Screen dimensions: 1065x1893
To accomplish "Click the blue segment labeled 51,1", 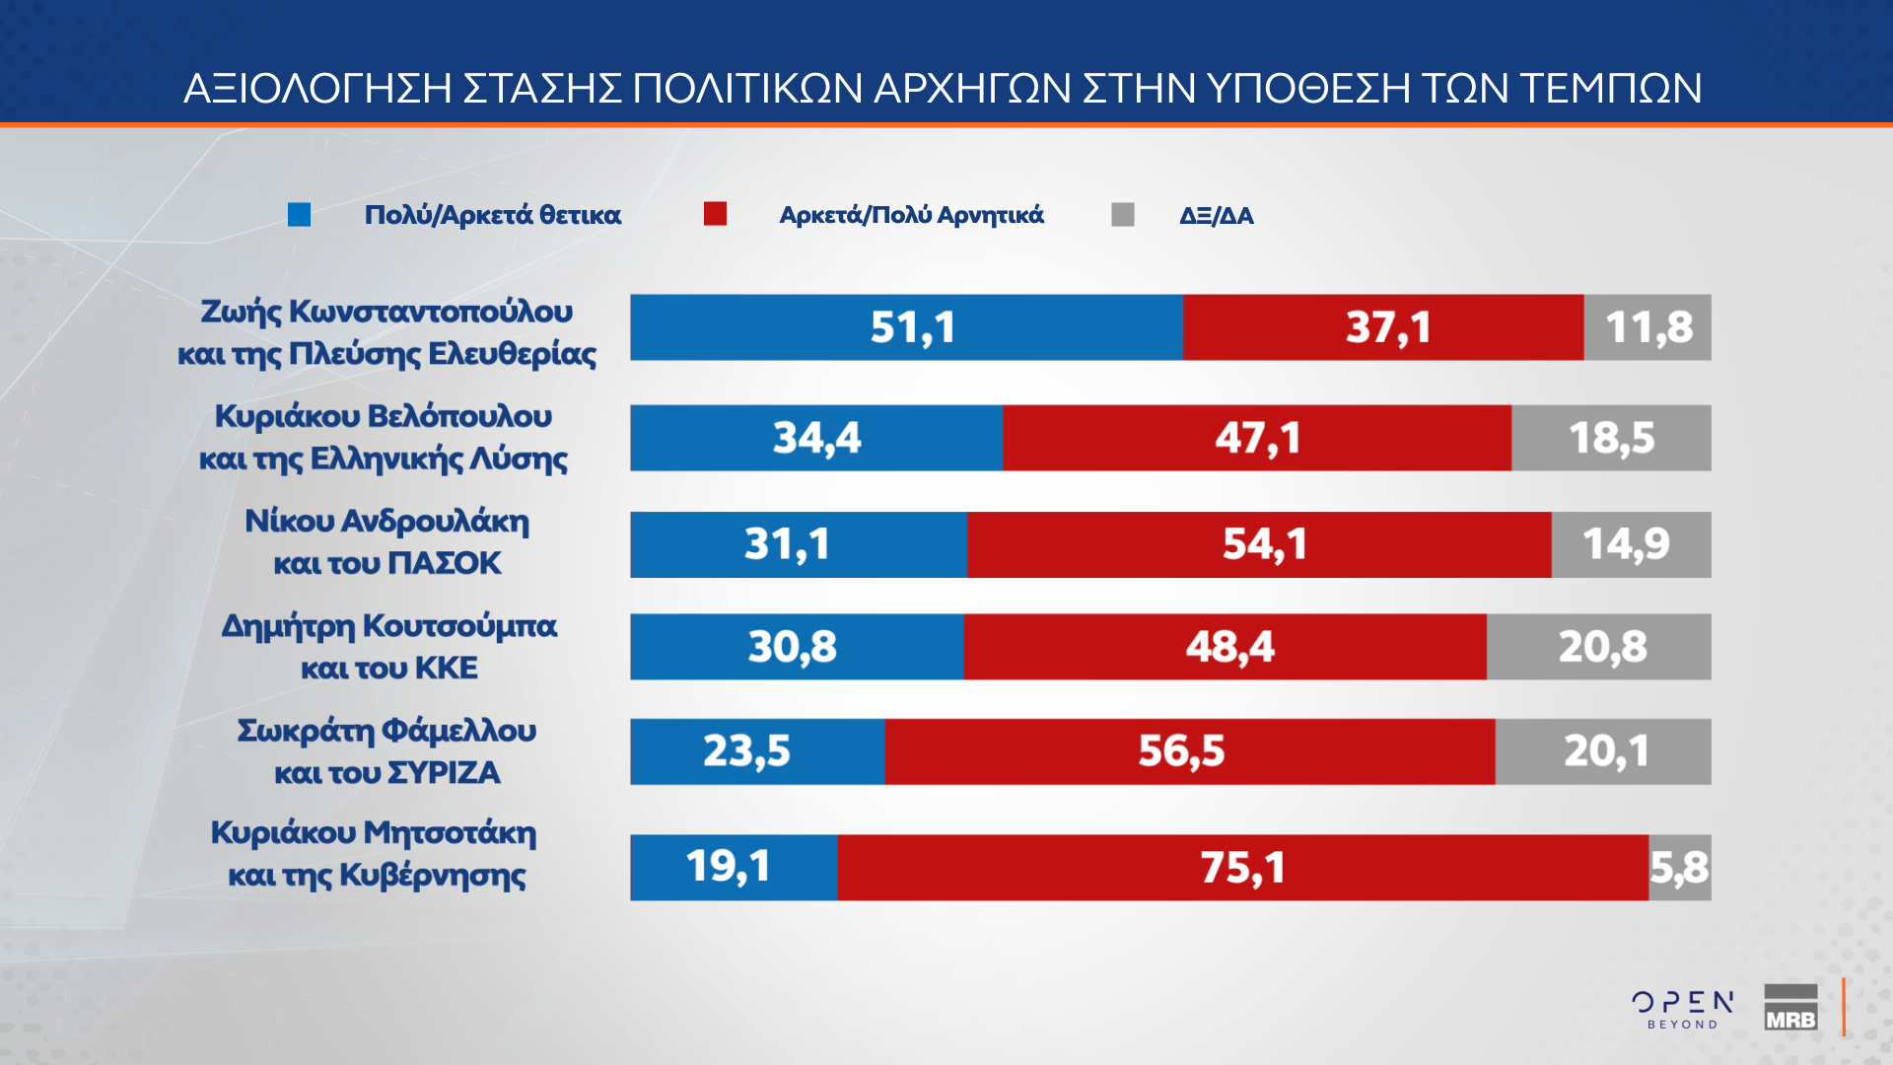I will pos(907,327).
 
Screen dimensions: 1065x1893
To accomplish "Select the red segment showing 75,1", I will pos(1242,868).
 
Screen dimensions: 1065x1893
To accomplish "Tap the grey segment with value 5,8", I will pos(1680,868).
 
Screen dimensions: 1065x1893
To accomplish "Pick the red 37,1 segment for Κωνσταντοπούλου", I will pos(1383,327).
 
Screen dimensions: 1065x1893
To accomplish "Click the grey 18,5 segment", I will pos(1611,438).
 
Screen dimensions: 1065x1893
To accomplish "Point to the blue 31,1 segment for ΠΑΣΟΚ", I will pos(799,544).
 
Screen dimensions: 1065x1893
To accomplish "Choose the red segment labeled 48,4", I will pos(1226,647).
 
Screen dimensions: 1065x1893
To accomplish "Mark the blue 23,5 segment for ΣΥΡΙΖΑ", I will pos(757,751).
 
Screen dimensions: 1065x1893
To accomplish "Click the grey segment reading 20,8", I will pos(1599,647).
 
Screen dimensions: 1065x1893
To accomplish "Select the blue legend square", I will pos(299,214).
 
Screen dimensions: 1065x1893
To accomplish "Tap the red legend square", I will pos(715,214).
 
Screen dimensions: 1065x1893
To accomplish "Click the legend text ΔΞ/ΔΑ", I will pos(1216,215).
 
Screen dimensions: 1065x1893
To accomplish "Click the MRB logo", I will pos(1790,1008).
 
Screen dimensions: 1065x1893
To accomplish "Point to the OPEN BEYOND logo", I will pos(1683,1009).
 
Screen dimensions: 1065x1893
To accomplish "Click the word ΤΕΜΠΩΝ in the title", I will pos(1610,89).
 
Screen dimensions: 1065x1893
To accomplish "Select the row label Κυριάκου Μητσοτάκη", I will pos(374,832).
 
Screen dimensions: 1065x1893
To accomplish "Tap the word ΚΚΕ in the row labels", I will pos(446,669).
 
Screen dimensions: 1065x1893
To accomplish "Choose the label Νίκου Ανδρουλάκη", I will pos(386,521).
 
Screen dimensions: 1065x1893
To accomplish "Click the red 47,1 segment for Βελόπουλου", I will pos(1257,438).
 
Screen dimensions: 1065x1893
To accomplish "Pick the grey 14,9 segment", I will pos(1631,544).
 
